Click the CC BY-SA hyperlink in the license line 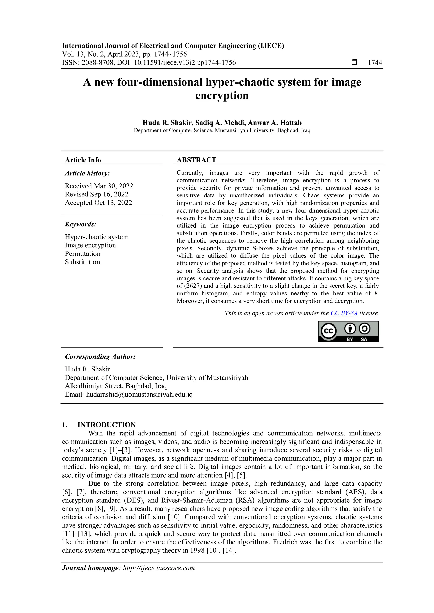[x=344, y=313]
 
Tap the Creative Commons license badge [x=348, y=332]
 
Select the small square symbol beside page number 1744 [x=354, y=62]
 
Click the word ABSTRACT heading [x=196, y=160]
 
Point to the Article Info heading [x=83, y=160]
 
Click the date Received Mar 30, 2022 [x=99, y=186]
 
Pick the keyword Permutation [x=83, y=254]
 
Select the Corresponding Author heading [x=100, y=357]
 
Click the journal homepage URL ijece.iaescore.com [x=159, y=568]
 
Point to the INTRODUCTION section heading [x=106, y=425]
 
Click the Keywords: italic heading [x=81, y=224]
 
